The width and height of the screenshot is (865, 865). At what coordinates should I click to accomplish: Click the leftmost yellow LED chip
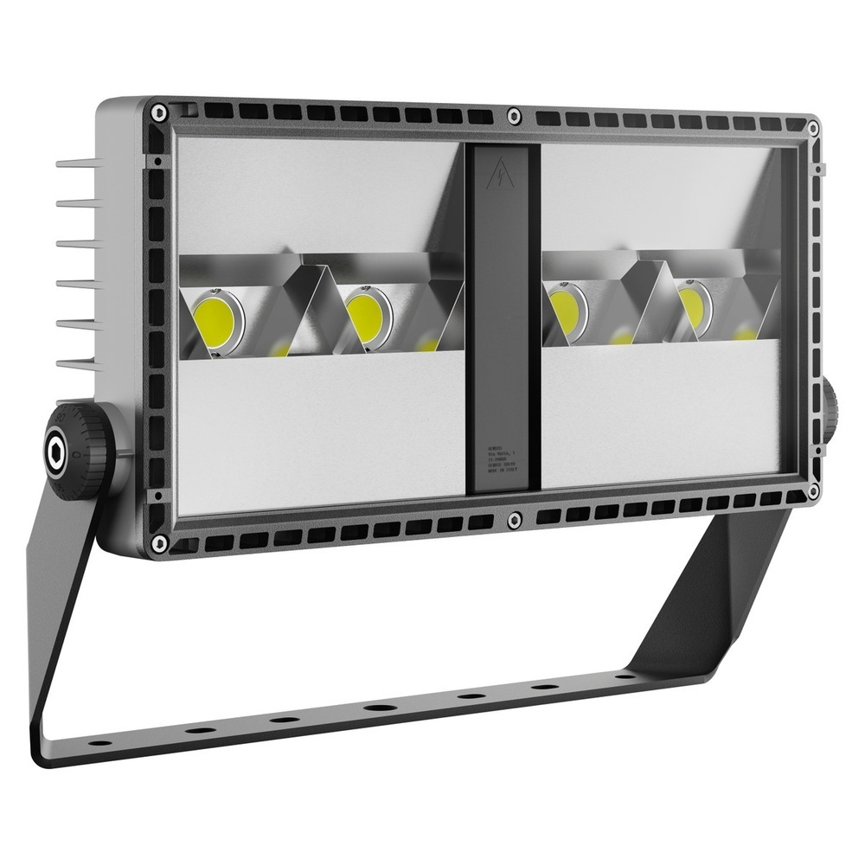pos(215,320)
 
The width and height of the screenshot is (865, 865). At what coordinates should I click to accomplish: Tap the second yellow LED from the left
pos(367,317)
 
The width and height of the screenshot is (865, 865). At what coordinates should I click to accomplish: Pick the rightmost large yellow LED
pos(693,307)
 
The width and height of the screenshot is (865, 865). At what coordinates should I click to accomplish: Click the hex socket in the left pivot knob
pos(58,450)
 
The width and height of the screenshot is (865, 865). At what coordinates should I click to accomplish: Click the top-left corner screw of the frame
pos(158,112)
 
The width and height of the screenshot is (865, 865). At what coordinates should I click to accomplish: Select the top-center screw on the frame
pos(514,114)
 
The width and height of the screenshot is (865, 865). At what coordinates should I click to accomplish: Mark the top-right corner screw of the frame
pos(813,128)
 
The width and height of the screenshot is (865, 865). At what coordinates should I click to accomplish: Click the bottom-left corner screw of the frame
pos(159,542)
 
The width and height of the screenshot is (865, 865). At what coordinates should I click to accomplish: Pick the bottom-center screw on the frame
pos(515,519)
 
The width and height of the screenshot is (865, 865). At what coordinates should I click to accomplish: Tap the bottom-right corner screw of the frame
pos(813,491)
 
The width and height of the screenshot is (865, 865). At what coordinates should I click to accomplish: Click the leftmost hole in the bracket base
pos(101,742)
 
